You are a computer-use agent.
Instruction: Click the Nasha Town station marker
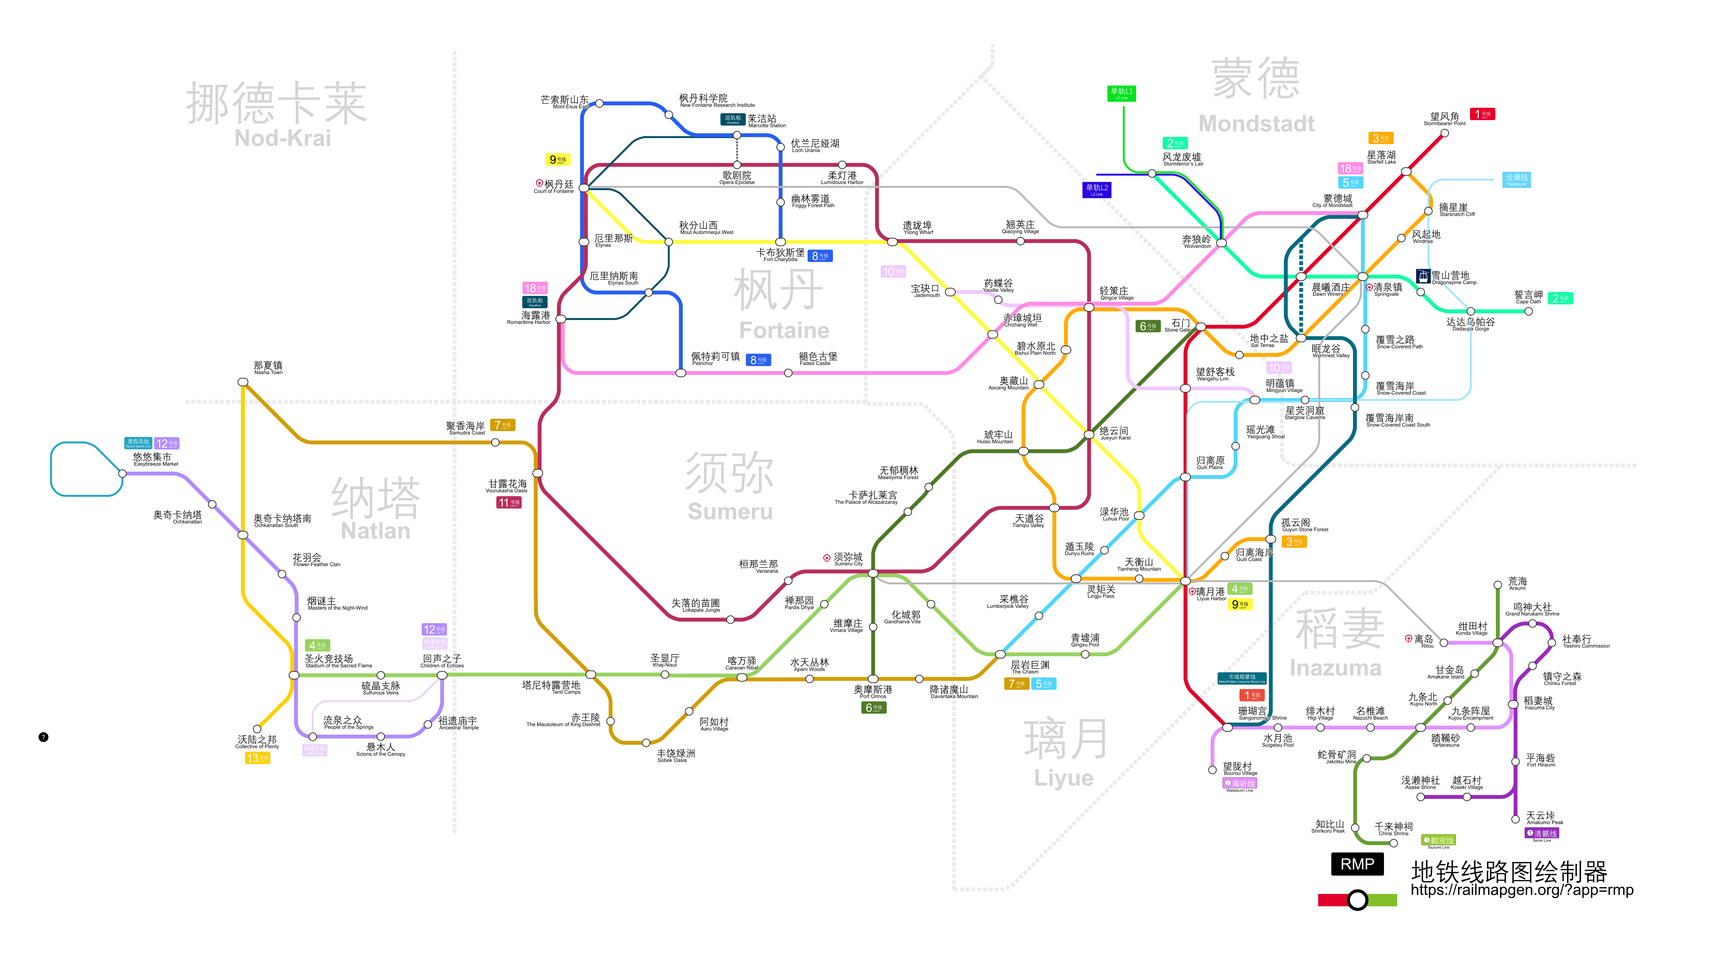click(243, 382)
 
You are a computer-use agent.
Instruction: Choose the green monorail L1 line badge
click(1121, 93)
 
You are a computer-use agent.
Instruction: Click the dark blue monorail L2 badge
click(1097, 190)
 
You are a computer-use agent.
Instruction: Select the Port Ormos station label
click(873, 692)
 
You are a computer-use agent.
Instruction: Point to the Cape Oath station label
click(1528, 297)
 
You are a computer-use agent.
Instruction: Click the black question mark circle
click(43, 737)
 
